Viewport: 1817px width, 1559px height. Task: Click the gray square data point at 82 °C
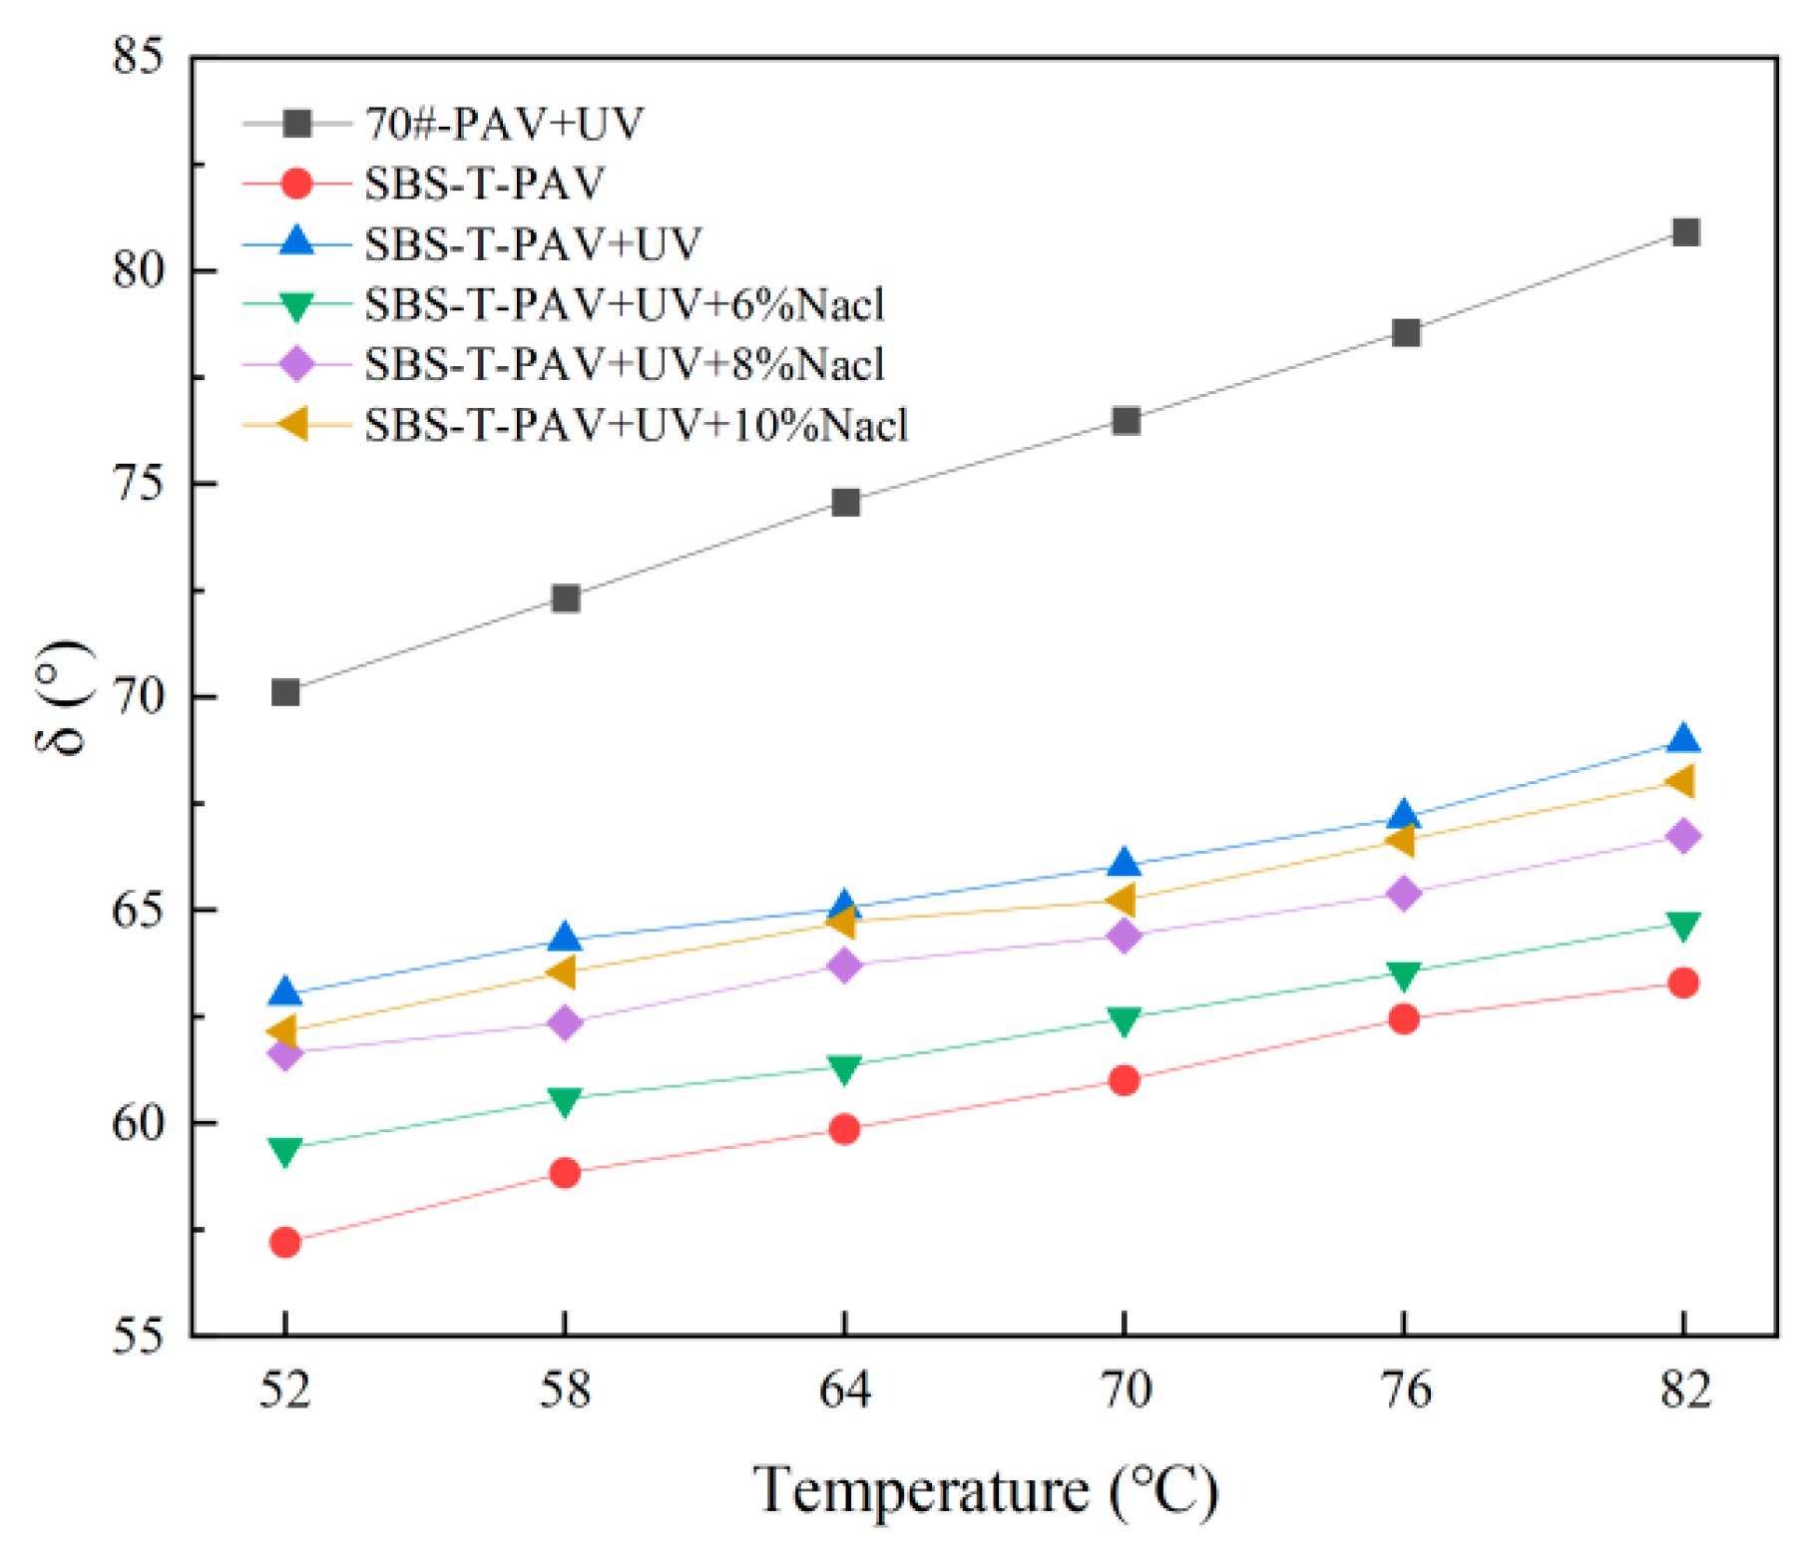tap(1684, 232)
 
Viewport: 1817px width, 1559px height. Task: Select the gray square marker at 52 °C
tap(285, 691)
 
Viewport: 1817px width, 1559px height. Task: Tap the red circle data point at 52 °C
tap(285, 1242)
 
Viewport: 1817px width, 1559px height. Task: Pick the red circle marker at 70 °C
tap(1124, 1080)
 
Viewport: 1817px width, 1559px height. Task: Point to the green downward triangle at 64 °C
tap(844, 1069)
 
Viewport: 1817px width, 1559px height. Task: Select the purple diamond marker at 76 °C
tap(1404, 893)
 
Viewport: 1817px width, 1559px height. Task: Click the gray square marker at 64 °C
tap(845, 502)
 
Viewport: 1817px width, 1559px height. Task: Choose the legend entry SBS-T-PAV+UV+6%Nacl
tap(624, 304)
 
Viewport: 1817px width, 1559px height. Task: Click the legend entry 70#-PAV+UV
tap(504, 124)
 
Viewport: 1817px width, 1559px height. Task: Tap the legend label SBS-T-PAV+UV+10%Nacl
tap(636, 426)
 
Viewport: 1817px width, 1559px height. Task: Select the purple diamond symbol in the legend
tap(297, 364)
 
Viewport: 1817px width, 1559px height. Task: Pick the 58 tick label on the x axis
tap(565, 1389)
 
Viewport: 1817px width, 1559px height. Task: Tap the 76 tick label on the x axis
tap(1405, 1389)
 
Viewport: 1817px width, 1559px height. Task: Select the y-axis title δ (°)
tap(65, 697)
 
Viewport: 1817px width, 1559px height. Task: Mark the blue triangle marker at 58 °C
tap(565, 938)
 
